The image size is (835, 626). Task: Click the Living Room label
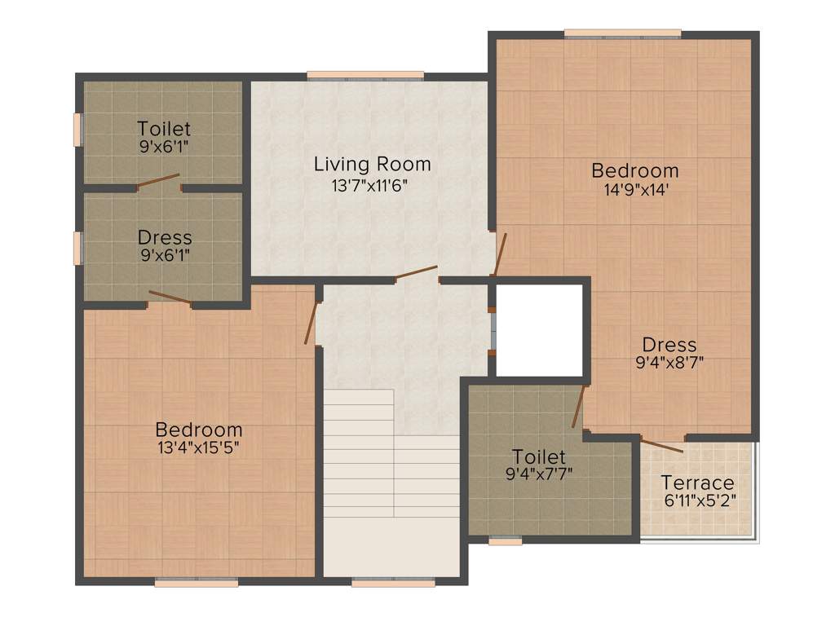click(x=372, y=165)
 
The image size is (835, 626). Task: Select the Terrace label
click(x=697, y=483)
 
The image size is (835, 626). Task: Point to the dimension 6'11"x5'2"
click(x=698, y=501)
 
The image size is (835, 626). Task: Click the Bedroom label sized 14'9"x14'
click(x=634, y=170)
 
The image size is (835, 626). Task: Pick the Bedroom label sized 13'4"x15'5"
click(x=199, y=430)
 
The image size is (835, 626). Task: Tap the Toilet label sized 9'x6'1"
click(x=164, y=129)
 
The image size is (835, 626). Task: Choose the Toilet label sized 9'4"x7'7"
click(x=538, y=456)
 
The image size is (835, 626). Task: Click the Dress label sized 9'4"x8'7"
click(x=669, y=344)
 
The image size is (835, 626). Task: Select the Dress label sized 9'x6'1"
click(x=165, y=237)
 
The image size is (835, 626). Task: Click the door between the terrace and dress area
click(x=661, y=445)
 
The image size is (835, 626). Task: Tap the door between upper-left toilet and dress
click(x=158, y=181)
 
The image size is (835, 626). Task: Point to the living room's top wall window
click(x=365, y=76)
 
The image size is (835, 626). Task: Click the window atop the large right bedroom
click(x=622, y=33)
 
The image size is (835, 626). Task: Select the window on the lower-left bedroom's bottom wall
click(x=196, y=583)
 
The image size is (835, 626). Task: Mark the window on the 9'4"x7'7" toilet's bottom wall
click(x=506, y=540)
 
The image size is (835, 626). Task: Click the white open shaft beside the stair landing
click(x=539, y=329)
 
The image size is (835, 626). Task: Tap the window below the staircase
click(x=393, y=583)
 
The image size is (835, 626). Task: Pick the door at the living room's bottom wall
click(x=416, y=272)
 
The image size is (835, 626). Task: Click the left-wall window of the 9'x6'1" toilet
click(x=78, y=130)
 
